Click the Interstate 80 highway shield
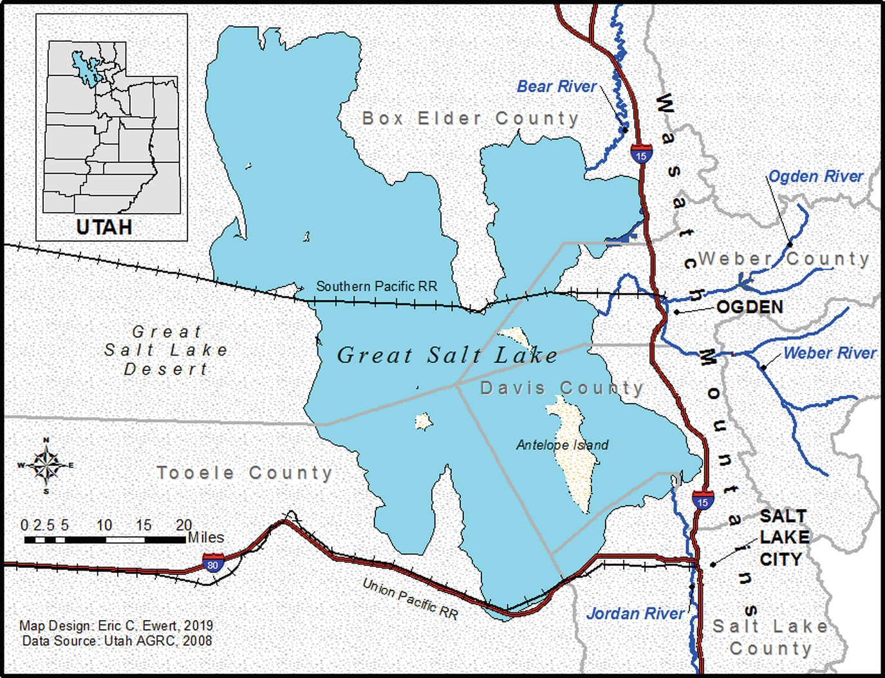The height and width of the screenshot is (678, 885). (x=213, y=563)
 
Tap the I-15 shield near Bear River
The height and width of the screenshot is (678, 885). (x=641, y=155)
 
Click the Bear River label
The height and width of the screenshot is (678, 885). (x=557, y=86)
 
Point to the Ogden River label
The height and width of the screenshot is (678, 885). (x=815, y=176)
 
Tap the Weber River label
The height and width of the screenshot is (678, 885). (x=830, y=353)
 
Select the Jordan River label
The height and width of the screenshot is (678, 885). (x=635, y=614)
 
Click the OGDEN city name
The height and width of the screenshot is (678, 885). (x=750, y=307)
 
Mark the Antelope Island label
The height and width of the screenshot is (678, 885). (x=562, y=445)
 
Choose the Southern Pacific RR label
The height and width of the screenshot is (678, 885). (x=377, y=287)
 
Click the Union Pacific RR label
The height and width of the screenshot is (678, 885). (x=411, y=599)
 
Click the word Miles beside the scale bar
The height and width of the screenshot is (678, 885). (x=206, y=538)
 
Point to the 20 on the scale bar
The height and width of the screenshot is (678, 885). (x=184, y=525)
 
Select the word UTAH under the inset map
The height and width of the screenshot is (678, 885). (x=104, y=227)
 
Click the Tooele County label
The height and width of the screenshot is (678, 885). (x=245, y=473)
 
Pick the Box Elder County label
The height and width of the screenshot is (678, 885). (x=470, y=118)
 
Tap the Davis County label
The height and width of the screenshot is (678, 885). (x=561, y=388)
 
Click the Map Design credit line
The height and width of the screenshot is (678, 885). (x=116, y=625)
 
